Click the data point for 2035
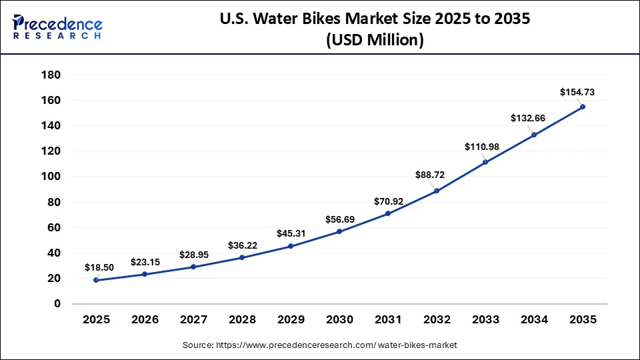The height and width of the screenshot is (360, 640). tap(583, 107)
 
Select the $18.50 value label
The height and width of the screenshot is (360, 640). tap(99, 267)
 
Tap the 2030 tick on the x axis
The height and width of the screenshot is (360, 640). tap(339, 320)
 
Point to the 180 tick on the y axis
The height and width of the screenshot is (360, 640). tap(51, 75)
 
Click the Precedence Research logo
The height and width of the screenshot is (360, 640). tap(57, 27)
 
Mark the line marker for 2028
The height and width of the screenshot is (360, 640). tap(242, 257)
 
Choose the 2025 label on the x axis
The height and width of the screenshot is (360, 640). tap(97, 320)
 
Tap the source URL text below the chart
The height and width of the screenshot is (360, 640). tap(320, 345)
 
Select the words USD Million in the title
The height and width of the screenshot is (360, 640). tap(375, 41)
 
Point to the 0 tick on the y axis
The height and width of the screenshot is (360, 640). tap(57, 304)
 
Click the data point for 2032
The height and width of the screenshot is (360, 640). tap(437, 191)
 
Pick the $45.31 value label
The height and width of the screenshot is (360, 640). tap(291, 233)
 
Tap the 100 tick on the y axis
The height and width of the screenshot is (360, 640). tap(51, 177)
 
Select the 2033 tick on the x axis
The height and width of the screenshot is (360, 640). tap(485, 320)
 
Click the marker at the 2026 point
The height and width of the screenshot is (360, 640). tap(145, 274)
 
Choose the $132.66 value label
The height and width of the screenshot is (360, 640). tap(528, 118)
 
